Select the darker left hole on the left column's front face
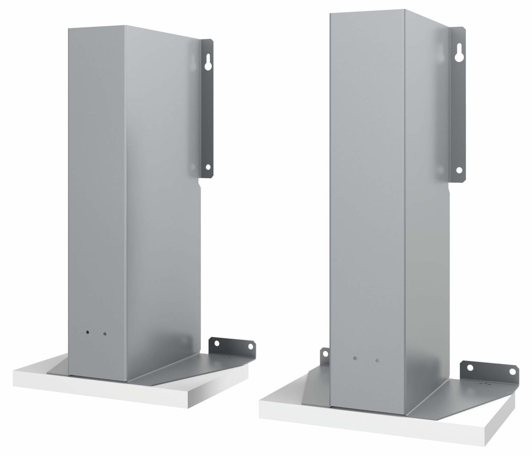pyautogui.click(x=88, y=331)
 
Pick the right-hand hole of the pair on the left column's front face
pyautogui.click(x=105, y=334)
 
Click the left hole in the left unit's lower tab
pyautogui.click(x=217, y=343)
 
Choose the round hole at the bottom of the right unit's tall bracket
pyautogui.click(x=459, y=169)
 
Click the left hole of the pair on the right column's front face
pyautogui.click(x=355, y=358)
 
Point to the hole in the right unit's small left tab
pyautogui.click(x=325, y=354)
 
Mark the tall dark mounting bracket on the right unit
pyautogui.click(x=458, y=106)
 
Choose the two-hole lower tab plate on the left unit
pyautogui.click(x=233, y=348)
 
